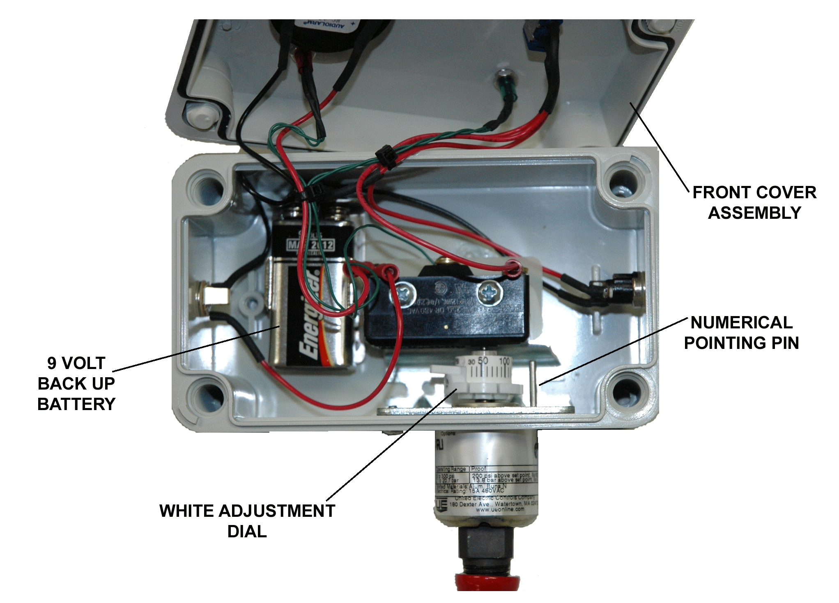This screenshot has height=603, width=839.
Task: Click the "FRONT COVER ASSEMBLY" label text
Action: click(x=754, y=202)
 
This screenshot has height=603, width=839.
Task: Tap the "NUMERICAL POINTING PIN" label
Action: click(x=741, y=332)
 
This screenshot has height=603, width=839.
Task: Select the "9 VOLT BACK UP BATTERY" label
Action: click(x=76, y=383)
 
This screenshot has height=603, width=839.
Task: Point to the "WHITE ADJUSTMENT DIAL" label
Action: click(x=247, y=520)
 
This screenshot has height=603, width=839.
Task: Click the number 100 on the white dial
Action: click(x=504, y=362)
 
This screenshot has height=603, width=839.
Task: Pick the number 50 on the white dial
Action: click(x=483, y=361)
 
